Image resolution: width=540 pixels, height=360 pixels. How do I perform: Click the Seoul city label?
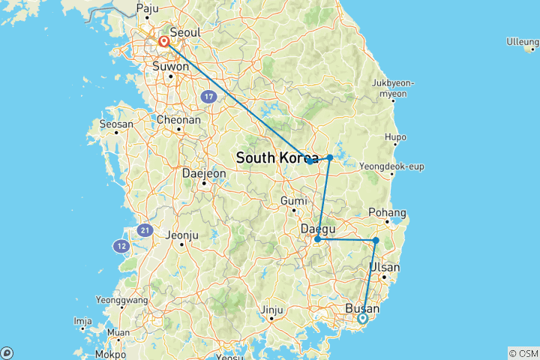pyautogui.click(x=184, y=34)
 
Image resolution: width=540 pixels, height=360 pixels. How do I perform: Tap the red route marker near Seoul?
pyautogui.click(x=163, y=42)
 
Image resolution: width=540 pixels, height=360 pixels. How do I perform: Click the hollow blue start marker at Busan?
pyautogui.click(x=362, y=319)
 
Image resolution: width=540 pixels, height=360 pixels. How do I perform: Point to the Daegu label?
pyautogui.click(x=317, y=228)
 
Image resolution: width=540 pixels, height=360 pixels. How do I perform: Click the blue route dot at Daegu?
pyautogui.click(x=317, y=240)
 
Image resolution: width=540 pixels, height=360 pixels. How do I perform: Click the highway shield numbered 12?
pyautogui.click(x=121, y=245)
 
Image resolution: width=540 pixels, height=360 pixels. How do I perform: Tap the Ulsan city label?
pyautogui.click(x=385, y=268)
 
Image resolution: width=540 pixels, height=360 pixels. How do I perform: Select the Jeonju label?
pyautogui.click(x=184, y=235)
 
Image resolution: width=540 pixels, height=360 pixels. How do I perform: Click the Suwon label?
pyautogui.click(x=172, y=66)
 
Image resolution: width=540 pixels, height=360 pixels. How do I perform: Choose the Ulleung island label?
pyautogui.click(x=523, y=40)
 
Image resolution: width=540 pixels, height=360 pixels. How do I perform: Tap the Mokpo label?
pyautogui.click(x=111, y=353)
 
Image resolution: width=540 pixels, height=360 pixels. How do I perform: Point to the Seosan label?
pyautogui.click(x=117, y=124)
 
